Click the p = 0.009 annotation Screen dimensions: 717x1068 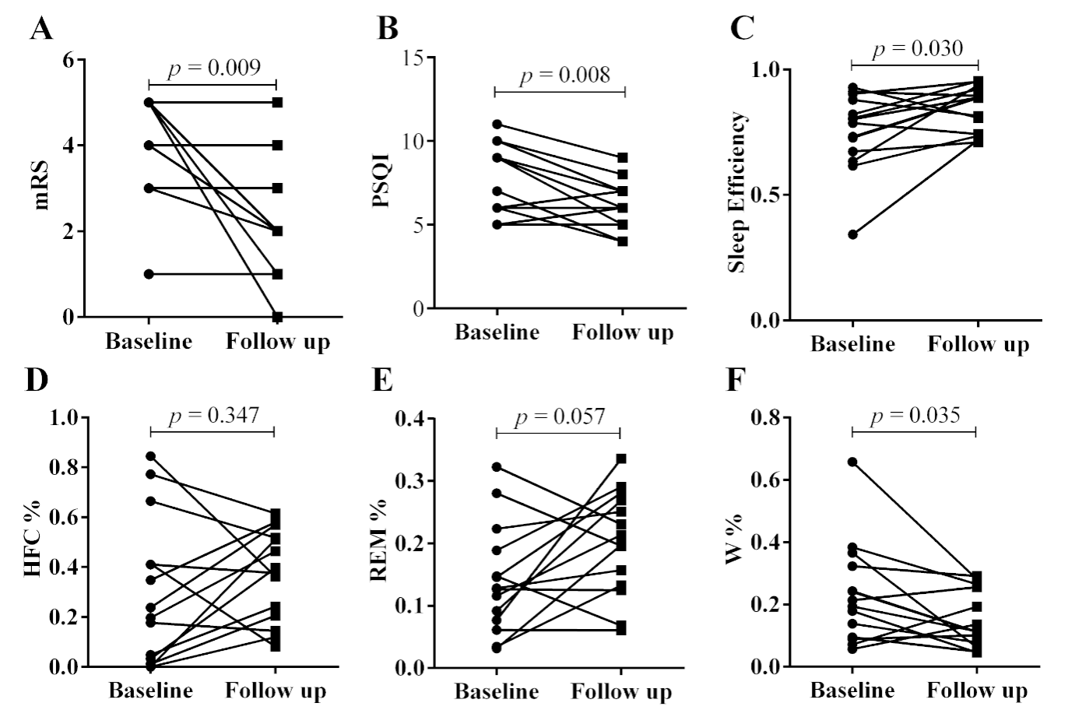pyautogui.click(x=210, y=68)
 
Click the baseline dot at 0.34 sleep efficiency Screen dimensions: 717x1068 pyautogui.click(x=852, y=234)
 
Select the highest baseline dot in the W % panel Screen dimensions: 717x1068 pyautogui.click(x=852, y=462)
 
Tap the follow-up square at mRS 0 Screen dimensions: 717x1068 pyautogui.click(x=276, y=316)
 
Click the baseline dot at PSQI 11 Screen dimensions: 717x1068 pyautogui.click(x=497, y=125)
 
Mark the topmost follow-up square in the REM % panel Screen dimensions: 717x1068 pyautogui.click(x=621, y=459)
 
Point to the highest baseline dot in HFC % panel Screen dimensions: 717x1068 pyautogui.click(x=150, y=456)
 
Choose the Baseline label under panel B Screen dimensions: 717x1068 pyautogui.click(x=497, y=333)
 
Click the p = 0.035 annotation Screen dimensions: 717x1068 pyautogui.click(x=915, y=415)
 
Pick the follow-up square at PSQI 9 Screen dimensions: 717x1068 pyautogui.click(x=623, y=157)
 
